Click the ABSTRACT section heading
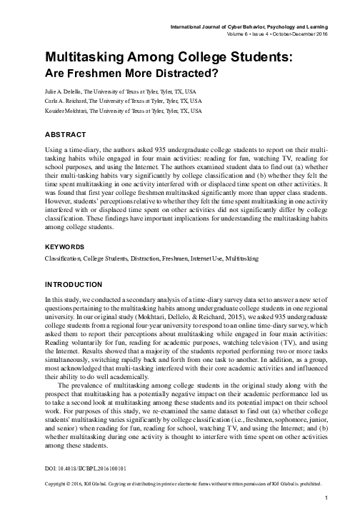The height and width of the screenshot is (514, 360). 65,134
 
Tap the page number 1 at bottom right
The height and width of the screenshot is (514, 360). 325,497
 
